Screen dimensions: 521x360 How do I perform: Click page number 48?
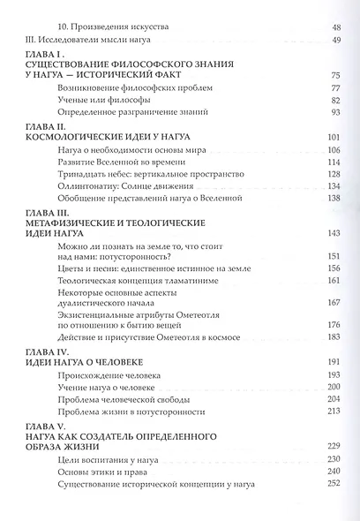[334, 28]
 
